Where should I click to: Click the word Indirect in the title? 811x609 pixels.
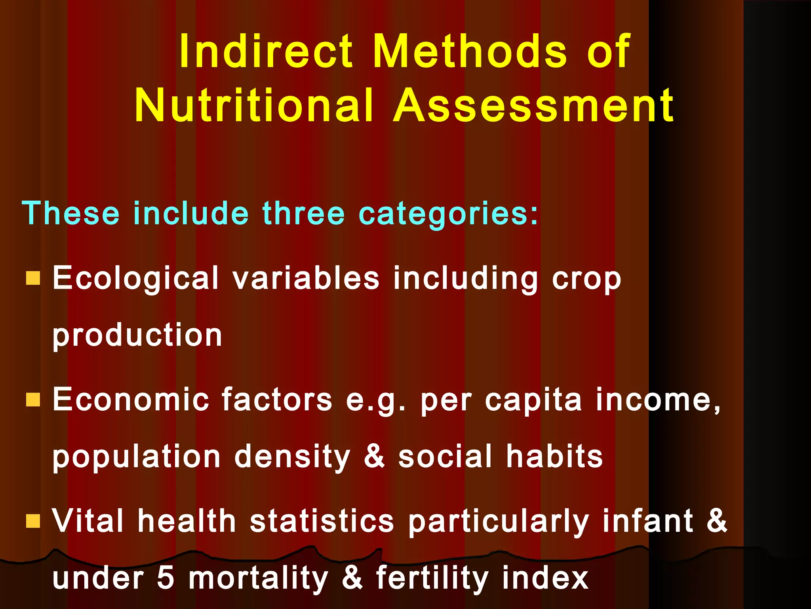tap(265, 52)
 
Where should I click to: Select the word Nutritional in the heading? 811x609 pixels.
tap(254, 105)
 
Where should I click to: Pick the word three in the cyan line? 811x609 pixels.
tap(304, 213)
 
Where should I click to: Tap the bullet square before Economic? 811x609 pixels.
tap(33, 400)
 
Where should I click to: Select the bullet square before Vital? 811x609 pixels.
tap(33, 521)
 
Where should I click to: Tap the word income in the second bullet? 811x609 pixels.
tap(657, 400)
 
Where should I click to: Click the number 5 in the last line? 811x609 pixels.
tap(166, 578)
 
